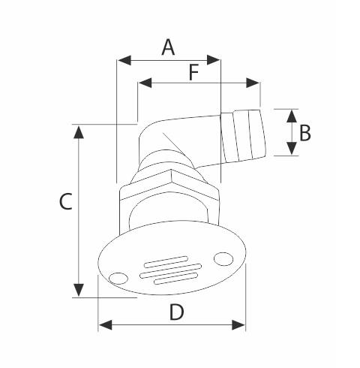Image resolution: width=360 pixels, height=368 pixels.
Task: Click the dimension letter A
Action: pyautogui.click(x=168, y=47)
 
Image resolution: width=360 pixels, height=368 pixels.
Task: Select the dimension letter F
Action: pyautogui.click(x=193, y=72)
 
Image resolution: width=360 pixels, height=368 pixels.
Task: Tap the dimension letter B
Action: pyautogui.click(x=305, y=133)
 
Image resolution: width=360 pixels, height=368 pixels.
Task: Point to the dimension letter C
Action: pyautogui.click(x=66, y=201)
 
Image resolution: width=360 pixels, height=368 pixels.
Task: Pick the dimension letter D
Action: pyautogui.click(x=176, y=312)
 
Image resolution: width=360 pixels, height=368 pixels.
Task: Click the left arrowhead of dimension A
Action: pyautogui.click(x=124, y=60)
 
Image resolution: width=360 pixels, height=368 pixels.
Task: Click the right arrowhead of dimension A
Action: pyautogui.click(x=213, y=60)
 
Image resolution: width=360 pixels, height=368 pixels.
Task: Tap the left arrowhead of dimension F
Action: pyautogui.click(x=145, y=83)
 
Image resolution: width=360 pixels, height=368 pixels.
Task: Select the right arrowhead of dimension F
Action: pyautogui.click(x=253, y=83)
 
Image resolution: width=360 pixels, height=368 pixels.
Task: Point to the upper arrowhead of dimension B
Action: pyautogui.click(x=292, y=116)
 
